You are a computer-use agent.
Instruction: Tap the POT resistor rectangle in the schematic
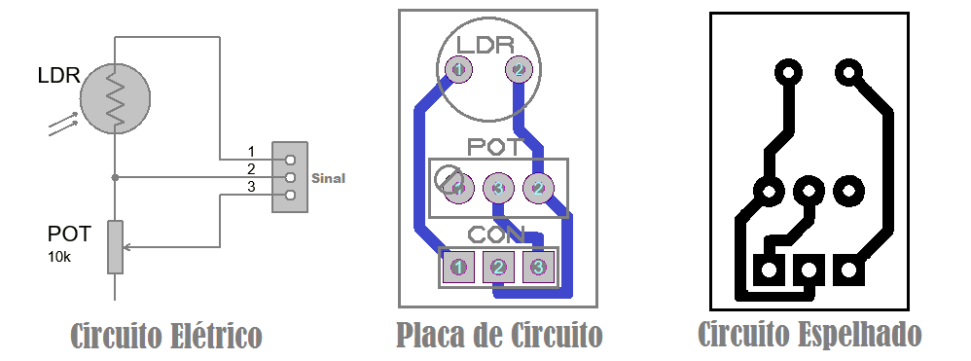click(115, 247)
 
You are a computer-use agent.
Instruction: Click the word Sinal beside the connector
click(328, 178)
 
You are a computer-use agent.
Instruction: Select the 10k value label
click(60, 257)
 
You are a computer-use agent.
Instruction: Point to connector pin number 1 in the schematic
click(251, 152)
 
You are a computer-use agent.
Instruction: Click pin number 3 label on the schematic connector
click(251, 187)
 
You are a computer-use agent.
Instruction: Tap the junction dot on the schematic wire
click(115, 177)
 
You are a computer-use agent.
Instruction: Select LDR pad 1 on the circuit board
click(458, 68)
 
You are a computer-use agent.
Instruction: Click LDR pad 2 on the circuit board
click(519, 69)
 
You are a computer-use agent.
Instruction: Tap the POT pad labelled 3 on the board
click(497, 187)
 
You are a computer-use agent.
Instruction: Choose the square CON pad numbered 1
click(459, 266)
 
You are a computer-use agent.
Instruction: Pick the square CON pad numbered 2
click(498, 266)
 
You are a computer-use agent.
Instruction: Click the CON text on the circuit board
click(496, 235)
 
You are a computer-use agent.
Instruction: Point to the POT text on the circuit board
click(496, 147)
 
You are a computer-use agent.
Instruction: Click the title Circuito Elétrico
click(166, 336)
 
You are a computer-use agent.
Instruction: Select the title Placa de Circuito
click(499, 336)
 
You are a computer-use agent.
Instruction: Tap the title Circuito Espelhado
click(809, 334)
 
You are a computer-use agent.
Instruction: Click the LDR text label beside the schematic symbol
click(58, 75)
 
